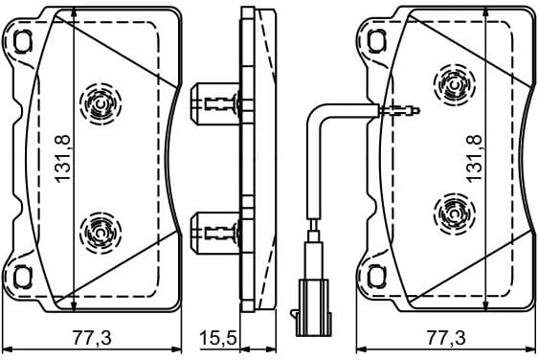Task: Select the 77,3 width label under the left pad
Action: click(93, 338)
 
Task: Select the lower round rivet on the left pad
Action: click(100, 229)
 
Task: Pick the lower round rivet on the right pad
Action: click(449, 206)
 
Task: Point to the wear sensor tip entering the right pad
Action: click(402, 113)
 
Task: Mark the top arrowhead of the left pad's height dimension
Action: click(75, 13)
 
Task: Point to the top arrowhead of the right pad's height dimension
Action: click(487, 13)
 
